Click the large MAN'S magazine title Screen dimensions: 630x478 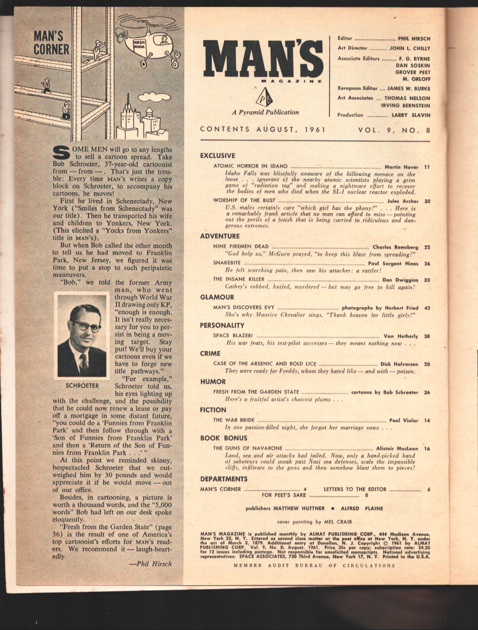pos(262,59)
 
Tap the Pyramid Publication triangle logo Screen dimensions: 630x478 pos(264,97)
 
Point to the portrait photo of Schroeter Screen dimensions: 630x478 pos(82,336)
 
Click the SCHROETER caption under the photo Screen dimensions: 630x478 pos(82,385)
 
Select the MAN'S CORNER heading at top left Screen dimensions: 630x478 pos(51,43)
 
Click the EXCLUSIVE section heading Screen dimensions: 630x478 pos(217,155)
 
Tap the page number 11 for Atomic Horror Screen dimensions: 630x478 pos(427,167)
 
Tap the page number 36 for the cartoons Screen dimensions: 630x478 pos(427,392)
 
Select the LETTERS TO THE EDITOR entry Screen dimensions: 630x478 pos(352,489)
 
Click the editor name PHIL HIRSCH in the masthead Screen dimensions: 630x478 pos(413,39)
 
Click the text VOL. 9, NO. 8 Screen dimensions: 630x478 pos(394,129)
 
